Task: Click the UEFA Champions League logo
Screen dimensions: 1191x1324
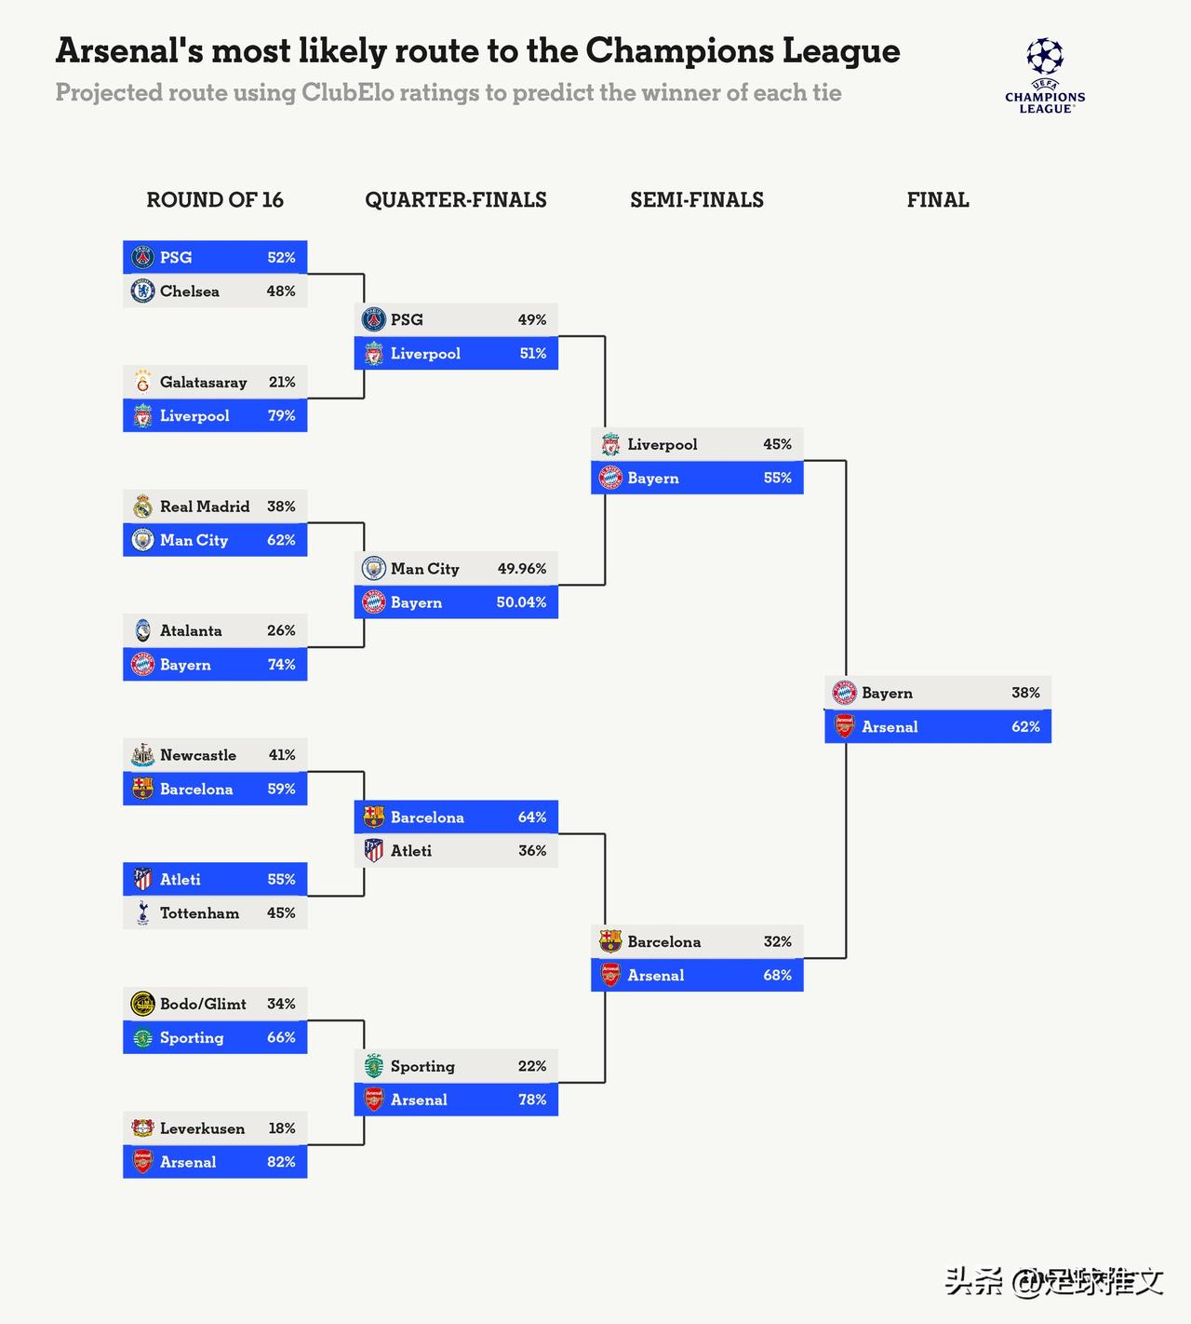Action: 1045,75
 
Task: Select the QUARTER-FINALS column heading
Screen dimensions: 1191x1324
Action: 455,200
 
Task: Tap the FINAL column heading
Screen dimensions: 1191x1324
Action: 937,200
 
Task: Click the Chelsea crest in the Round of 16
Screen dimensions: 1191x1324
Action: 142,291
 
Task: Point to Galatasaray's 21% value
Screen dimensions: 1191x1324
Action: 281,383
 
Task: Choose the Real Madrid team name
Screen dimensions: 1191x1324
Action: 205,507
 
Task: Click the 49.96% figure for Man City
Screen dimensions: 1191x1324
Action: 521,569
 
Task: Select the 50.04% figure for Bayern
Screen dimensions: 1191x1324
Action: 521,602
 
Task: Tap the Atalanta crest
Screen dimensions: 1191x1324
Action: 142,630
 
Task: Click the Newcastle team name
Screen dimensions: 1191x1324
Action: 197,755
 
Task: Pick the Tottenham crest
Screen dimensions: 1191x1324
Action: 142,913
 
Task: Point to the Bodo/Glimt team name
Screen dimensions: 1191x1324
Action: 203,1004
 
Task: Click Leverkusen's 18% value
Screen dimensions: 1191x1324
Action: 281,1128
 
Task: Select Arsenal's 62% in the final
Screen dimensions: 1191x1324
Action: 1025,727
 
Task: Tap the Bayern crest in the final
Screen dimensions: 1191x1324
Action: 844,693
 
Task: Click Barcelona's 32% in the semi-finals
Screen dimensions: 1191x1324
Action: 777,941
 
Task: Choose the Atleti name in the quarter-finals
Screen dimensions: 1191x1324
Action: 410,851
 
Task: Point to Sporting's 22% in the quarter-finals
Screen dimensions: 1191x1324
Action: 531,1066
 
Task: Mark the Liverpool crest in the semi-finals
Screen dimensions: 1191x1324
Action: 610,444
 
